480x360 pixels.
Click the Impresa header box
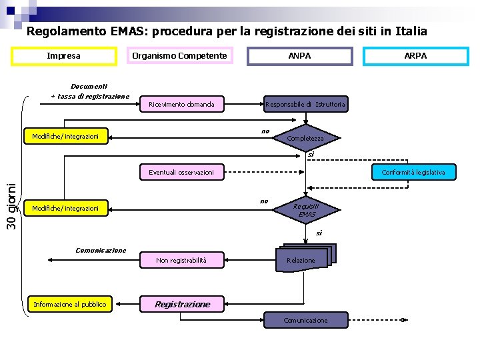click(64, 56)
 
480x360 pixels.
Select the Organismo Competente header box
click(179, 56)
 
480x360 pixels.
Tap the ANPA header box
click(299, 56)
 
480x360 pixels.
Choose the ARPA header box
click(415, 56)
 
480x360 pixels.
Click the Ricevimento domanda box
click(182, 104)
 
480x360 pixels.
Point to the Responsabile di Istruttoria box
click(305, 104)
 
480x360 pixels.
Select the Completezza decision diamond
click(305, 137)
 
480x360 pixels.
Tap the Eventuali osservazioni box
click(181, 172)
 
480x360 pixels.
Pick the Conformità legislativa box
click(413, 172)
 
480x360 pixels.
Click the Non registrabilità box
click(181, 260)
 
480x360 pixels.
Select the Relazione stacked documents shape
click(303, 259)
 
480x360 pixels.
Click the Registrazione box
click(182, 304)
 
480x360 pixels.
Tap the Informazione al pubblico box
click(69, 305)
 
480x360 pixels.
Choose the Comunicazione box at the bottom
click(305, 321)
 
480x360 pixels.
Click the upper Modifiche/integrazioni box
click(65, 136)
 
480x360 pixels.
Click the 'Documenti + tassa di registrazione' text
click(90, 91)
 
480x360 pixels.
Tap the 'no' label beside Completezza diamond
click(265, 131)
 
